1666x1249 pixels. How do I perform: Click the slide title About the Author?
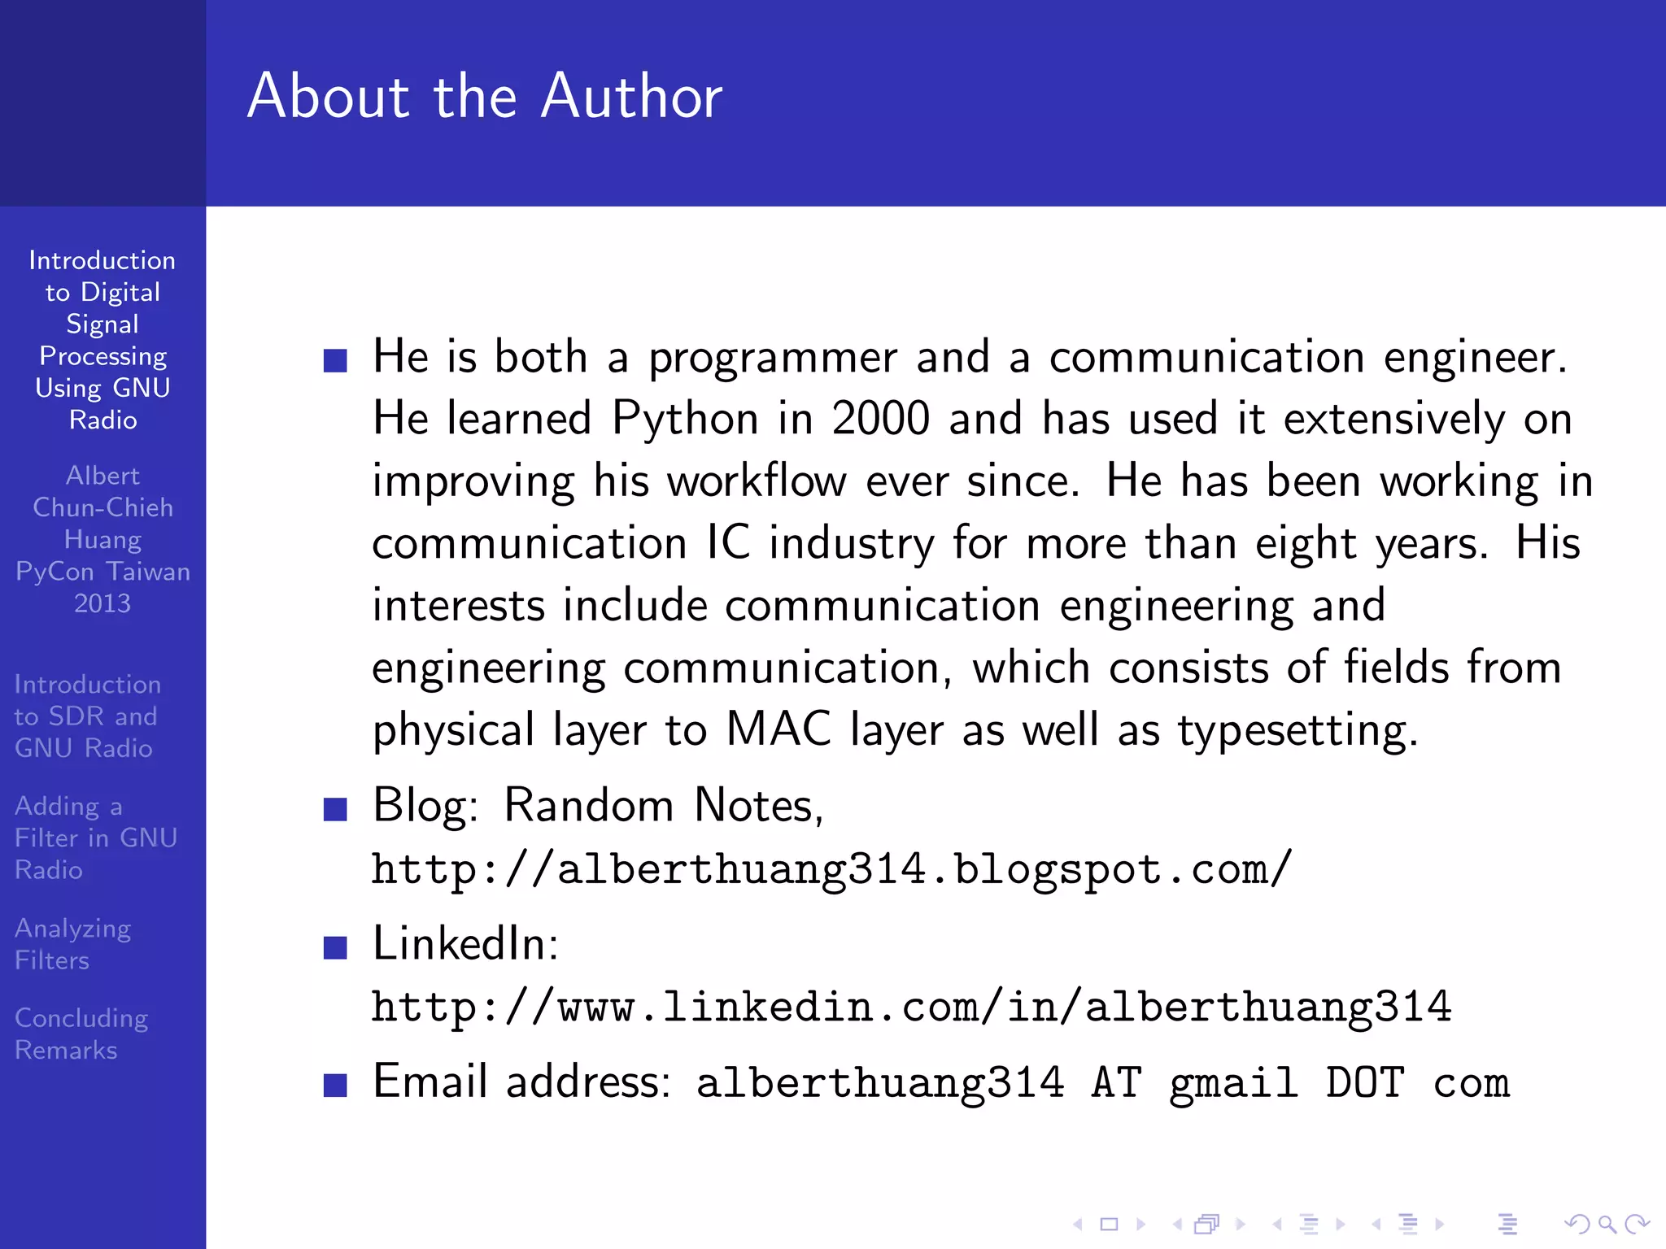[485, 97]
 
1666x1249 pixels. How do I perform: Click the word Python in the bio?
[685, 420]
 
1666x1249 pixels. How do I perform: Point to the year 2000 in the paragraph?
[880, 420]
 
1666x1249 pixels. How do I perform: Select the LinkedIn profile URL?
[911, 1007]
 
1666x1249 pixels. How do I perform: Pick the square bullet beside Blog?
[335, 809]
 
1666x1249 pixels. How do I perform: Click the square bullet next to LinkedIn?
[335, 947]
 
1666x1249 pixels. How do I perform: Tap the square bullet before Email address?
[335, 1085]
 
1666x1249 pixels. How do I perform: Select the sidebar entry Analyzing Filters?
[73, 944]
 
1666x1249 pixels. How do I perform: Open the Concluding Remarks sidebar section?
[81, 1034]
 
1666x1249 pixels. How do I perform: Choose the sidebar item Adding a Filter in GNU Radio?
[95, 838]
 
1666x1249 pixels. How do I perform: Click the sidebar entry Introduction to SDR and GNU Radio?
[87, 716]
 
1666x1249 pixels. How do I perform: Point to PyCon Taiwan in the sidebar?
[102, 572]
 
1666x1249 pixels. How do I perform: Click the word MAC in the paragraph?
[778, 729]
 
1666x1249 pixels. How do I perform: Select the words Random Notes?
[663, 806]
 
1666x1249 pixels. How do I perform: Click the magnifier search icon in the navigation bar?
[1607, 1224]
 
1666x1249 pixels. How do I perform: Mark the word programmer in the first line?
[772, 358]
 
